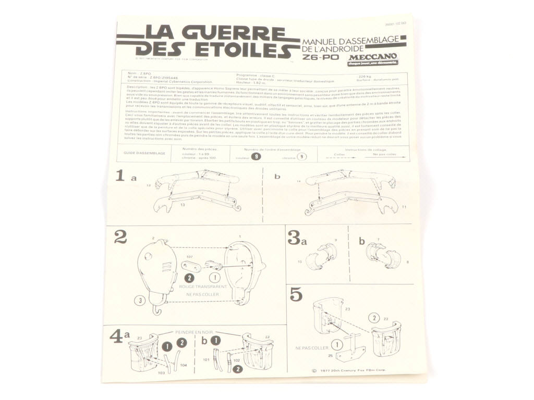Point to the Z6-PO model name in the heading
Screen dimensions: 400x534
(x=320, y=58)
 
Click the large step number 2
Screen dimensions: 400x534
(x=120, y=238)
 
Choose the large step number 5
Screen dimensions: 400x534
(x=296, y=294)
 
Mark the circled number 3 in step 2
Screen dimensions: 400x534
(x=140, y=299)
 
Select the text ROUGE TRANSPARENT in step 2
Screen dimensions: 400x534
(x=203, y=286)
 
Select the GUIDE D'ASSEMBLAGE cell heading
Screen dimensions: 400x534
(x=144, y=153)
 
